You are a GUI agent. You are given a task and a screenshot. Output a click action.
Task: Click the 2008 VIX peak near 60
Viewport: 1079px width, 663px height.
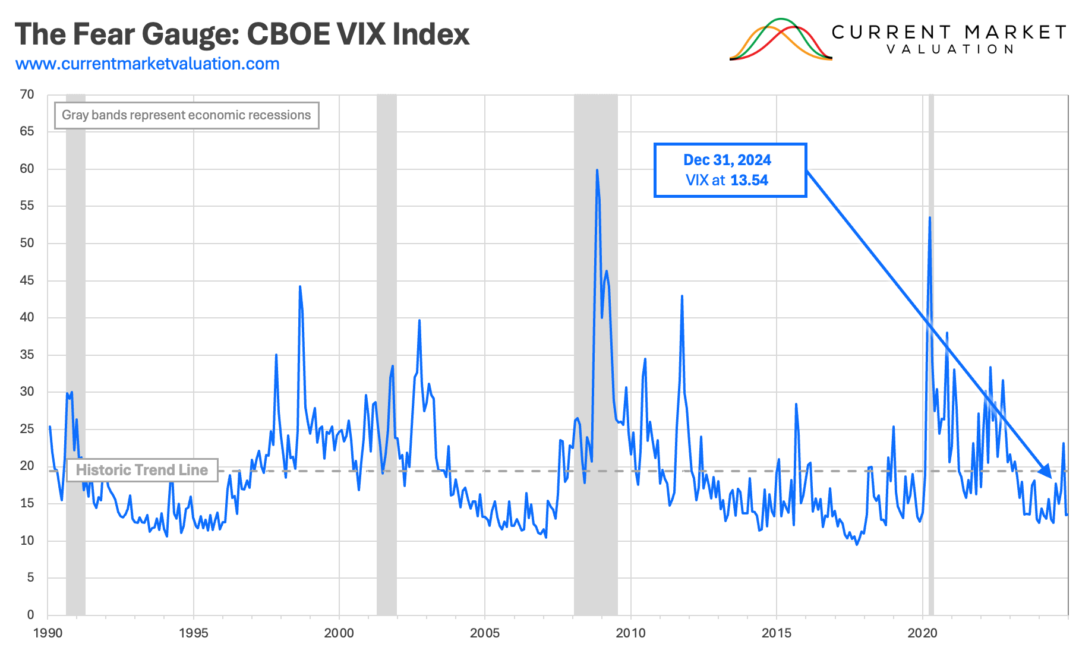pyautogui.click(x=597, y=171)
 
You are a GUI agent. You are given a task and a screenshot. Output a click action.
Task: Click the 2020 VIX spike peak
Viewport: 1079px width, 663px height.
pyautogui.click(x=929, y=218)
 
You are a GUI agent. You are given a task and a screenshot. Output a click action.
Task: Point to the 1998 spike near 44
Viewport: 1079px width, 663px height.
pyautogui.click(x=300, y=287)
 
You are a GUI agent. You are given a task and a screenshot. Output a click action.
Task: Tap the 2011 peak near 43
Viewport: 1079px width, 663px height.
pyautogui.click(x=682, y=296)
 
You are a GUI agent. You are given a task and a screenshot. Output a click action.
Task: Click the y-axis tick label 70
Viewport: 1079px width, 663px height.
pyautogui.click(x=27, y=94)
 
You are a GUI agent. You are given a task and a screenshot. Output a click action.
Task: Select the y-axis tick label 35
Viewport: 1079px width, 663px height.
pyautogui.click(x=27, y=355)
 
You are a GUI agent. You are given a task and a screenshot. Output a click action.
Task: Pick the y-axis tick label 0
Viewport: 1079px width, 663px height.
pyautogui.click(x=30, y=614)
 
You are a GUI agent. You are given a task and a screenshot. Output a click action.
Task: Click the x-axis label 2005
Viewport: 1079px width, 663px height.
pyautogui.click(x=485, y=633)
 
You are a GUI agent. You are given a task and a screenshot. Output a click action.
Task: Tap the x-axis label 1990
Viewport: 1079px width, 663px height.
pyautogui.click(x=48, y=633)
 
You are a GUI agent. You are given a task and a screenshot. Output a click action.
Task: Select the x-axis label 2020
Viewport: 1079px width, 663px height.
pyautogui.click(x=922, y=633)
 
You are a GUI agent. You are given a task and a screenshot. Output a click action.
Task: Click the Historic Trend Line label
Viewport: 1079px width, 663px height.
pyautogui.click(x=141, y=470)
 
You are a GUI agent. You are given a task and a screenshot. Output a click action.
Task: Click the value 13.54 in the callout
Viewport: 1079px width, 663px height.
pyautogui.click(x=749, y=181)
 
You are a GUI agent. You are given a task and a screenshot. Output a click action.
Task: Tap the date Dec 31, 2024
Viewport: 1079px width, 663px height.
pyautogui.click(x=727, y=160)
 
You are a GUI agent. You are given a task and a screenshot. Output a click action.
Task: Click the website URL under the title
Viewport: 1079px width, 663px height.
pyautogui.click(x=147, y=64)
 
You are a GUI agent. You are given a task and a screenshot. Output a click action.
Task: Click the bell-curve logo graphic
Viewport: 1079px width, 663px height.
pyautogui.click(x=781, y=40)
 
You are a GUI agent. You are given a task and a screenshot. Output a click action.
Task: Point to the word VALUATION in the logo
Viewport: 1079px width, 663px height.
pyautogui.click(x=950, y=49)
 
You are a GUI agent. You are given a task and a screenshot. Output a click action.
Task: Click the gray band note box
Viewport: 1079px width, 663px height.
pyautogui.click(x=187, y=115)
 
